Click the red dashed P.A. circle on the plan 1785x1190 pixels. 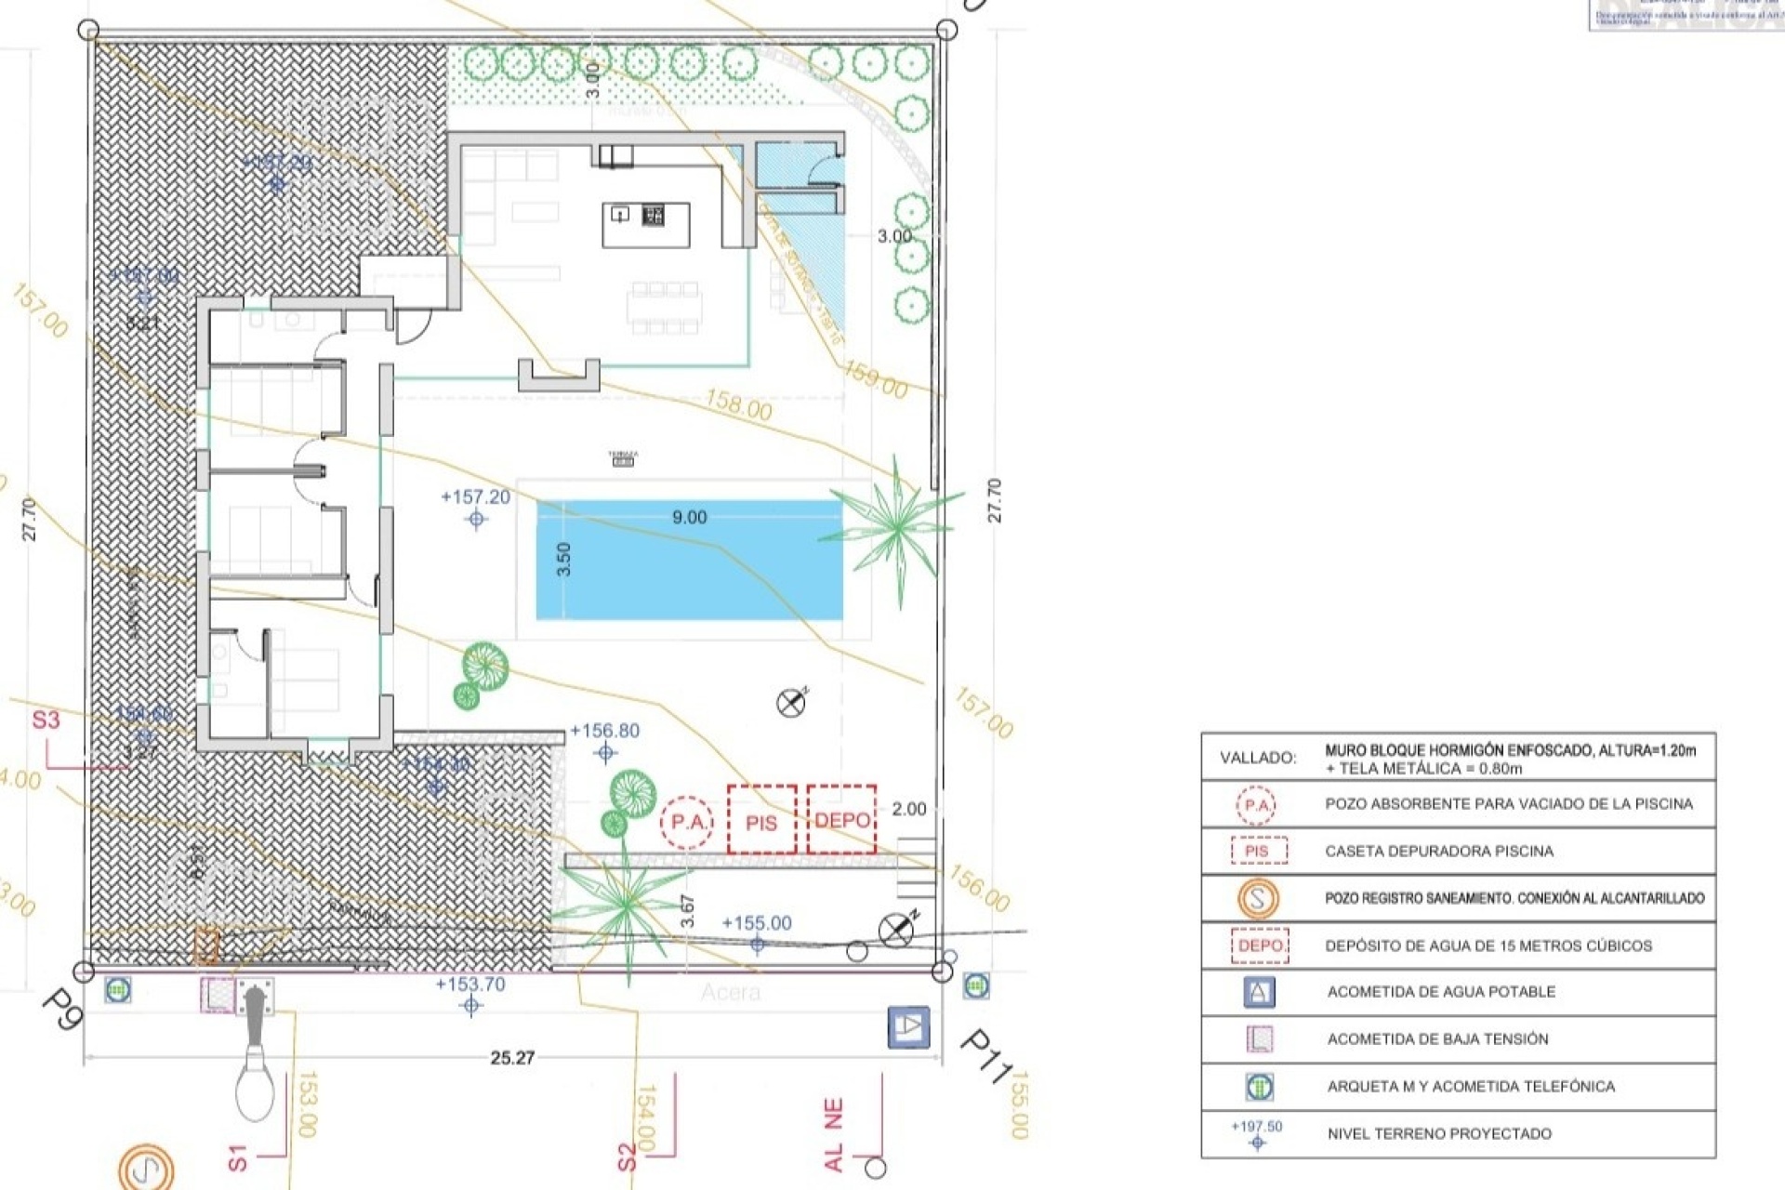tap(687, 822)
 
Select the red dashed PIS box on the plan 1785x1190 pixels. tap(761, 820)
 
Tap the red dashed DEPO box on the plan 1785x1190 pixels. tap(841, 819)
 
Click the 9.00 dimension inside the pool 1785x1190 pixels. tap(689, 518)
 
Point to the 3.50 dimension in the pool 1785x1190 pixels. tap(563, 559)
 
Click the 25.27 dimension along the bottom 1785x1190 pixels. tap(512, 1058)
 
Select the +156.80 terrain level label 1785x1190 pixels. tap(604, 731)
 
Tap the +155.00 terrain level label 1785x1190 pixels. tap(757, 923)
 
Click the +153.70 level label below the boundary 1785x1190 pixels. tap(470, 985)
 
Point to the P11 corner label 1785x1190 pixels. tap(985, 1055)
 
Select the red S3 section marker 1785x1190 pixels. tap(46, 720)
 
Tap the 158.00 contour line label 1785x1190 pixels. tap(738, 405)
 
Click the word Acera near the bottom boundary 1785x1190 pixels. tap(731, 992)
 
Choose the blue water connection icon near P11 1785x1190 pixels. tap(908, 1027)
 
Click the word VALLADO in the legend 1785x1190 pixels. tap(1258, 758)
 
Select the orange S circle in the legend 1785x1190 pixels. tap(1258, 899)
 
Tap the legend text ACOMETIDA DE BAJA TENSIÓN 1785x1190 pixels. tap(1437, 1038)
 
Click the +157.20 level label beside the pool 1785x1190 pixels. tap(475, 497)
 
